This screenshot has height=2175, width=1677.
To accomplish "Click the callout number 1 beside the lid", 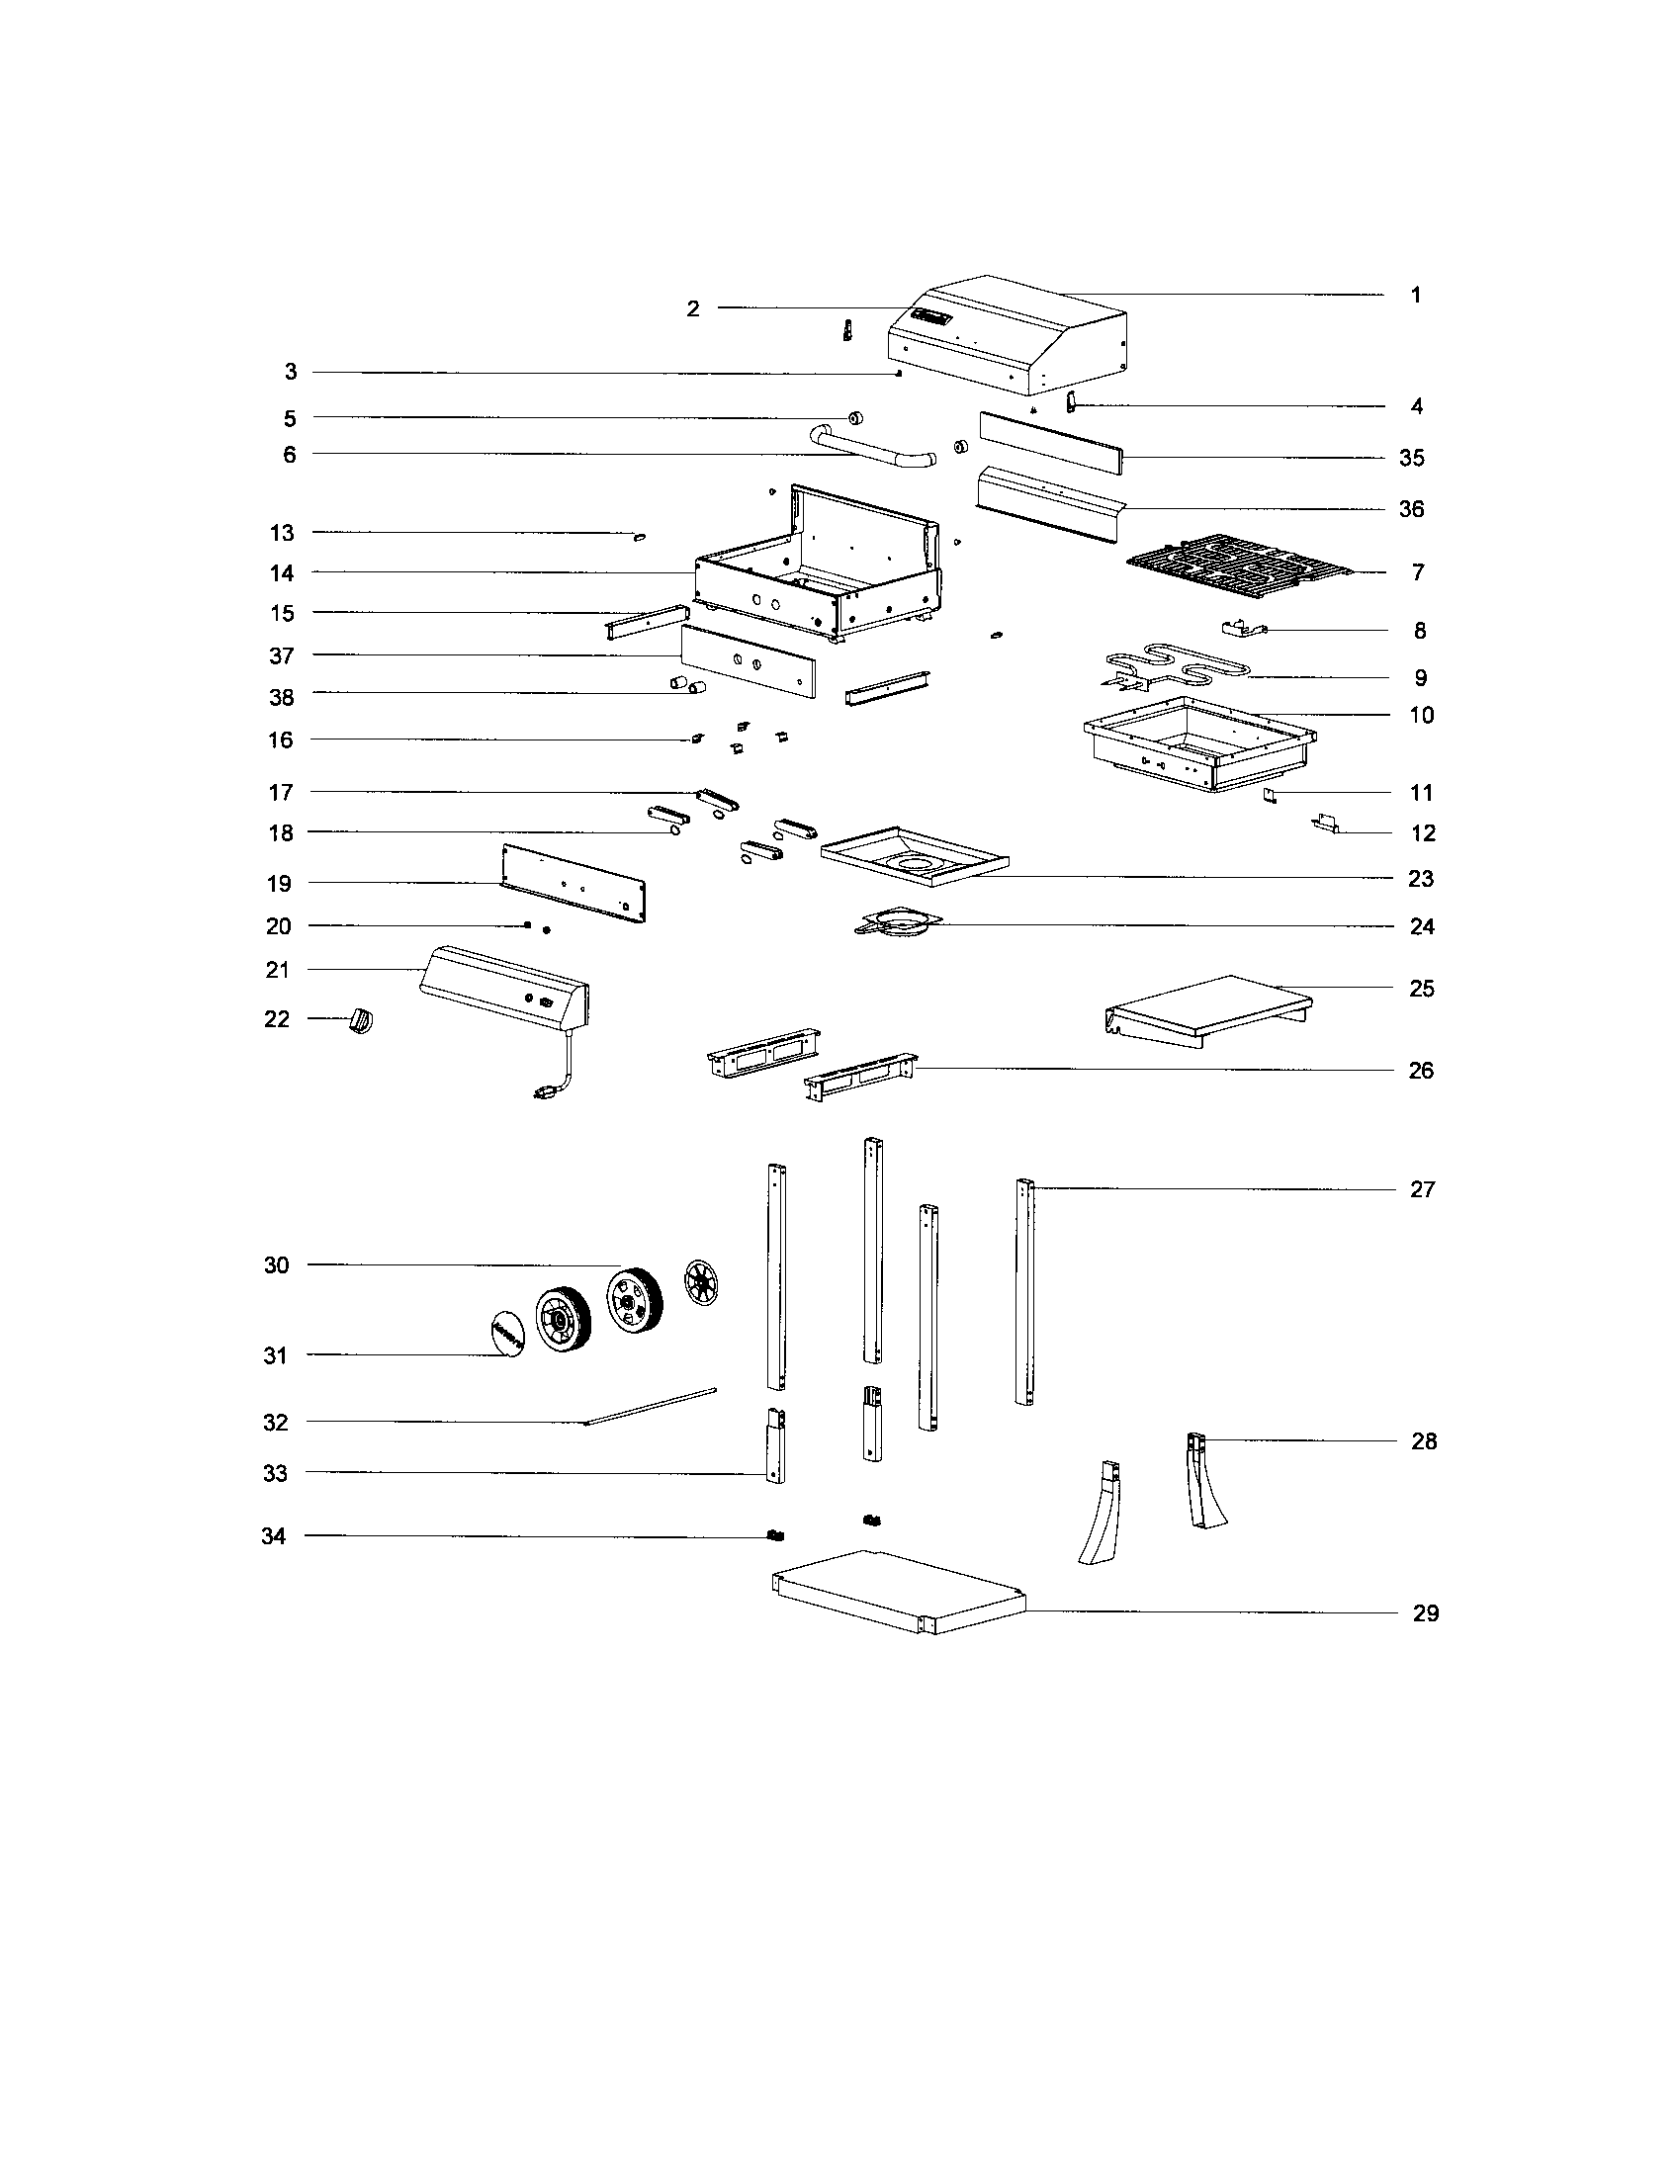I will tap(1415, 295).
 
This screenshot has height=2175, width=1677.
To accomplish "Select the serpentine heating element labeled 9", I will tap(1185, 664).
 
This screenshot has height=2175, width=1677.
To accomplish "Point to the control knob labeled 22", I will tap(361, 1021).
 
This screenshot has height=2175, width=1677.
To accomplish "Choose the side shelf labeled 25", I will tap(1210, 1006).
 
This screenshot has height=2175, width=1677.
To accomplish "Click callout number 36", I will tap(1411, 509).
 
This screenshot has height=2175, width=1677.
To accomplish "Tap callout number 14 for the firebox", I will tap(282, 572).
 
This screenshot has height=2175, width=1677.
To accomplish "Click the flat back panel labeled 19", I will tap(574, 882).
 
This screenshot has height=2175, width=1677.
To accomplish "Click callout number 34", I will tap(274, 1535).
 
